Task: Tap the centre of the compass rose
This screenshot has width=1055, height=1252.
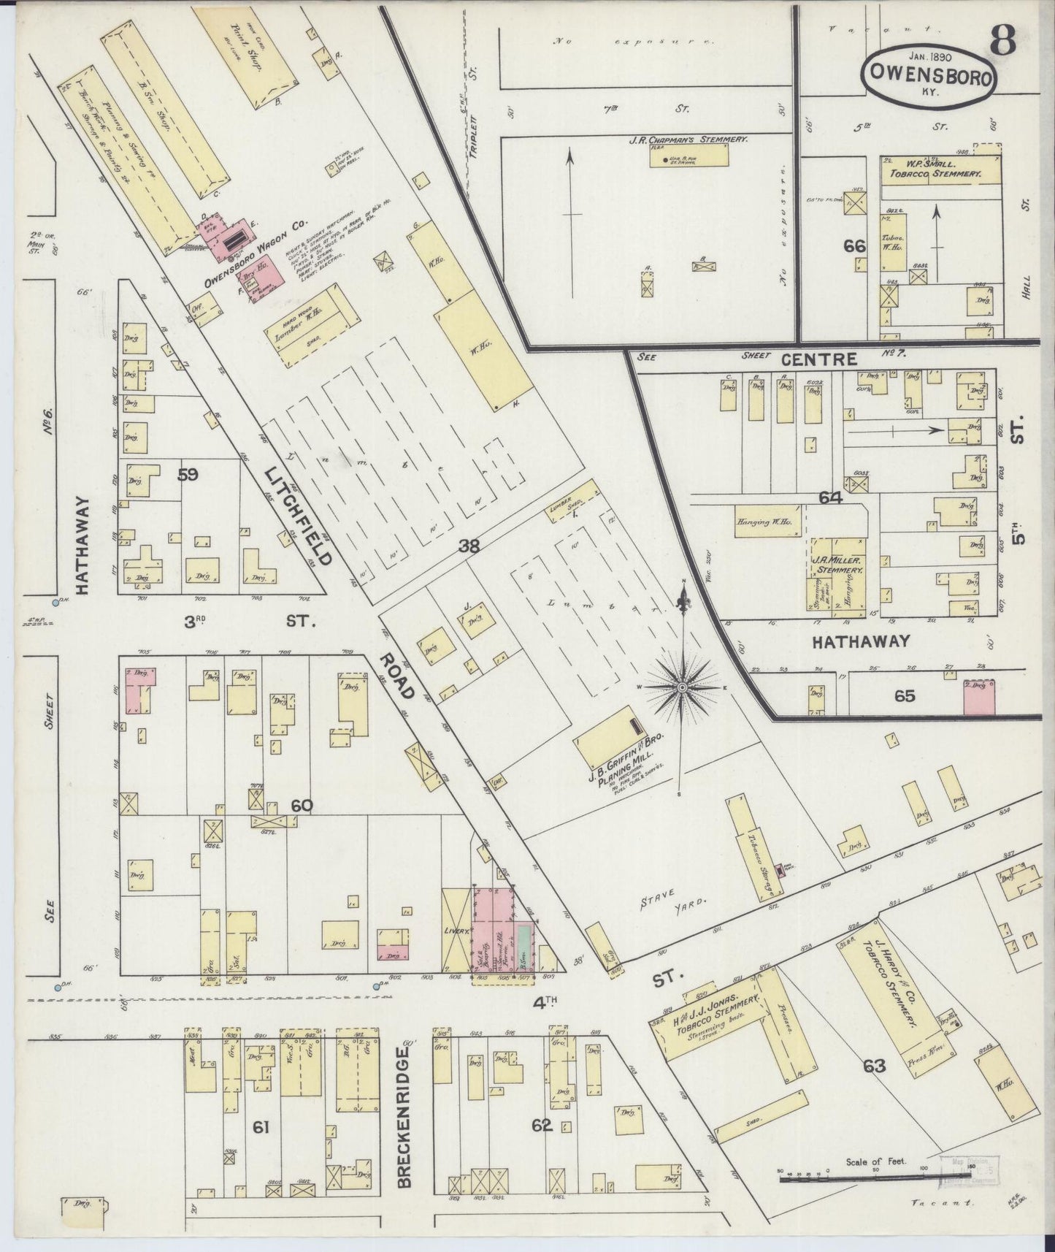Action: [682, 687]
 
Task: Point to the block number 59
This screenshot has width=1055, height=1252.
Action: [188, 475]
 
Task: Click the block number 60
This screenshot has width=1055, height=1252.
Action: [302, 806]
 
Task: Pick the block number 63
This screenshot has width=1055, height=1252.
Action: [874, 1066]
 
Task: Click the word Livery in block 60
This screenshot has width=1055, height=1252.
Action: [456, 932]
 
